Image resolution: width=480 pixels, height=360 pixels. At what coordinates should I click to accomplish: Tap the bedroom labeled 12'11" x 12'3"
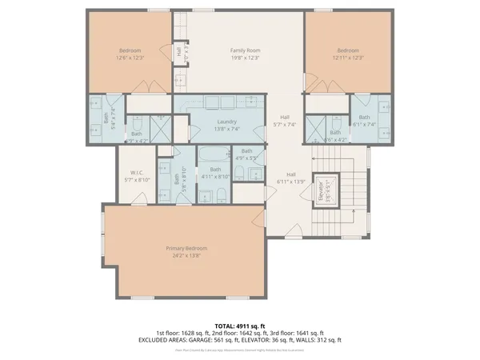(349, 54)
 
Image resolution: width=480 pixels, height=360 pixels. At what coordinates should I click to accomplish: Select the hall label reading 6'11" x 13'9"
(291, 178)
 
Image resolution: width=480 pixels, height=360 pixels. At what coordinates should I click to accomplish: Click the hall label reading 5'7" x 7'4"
(285, 121)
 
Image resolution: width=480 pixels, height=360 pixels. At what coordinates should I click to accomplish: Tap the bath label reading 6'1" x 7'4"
(364, 121)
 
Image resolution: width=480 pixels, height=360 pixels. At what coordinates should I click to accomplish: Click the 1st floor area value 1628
(190, 333)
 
